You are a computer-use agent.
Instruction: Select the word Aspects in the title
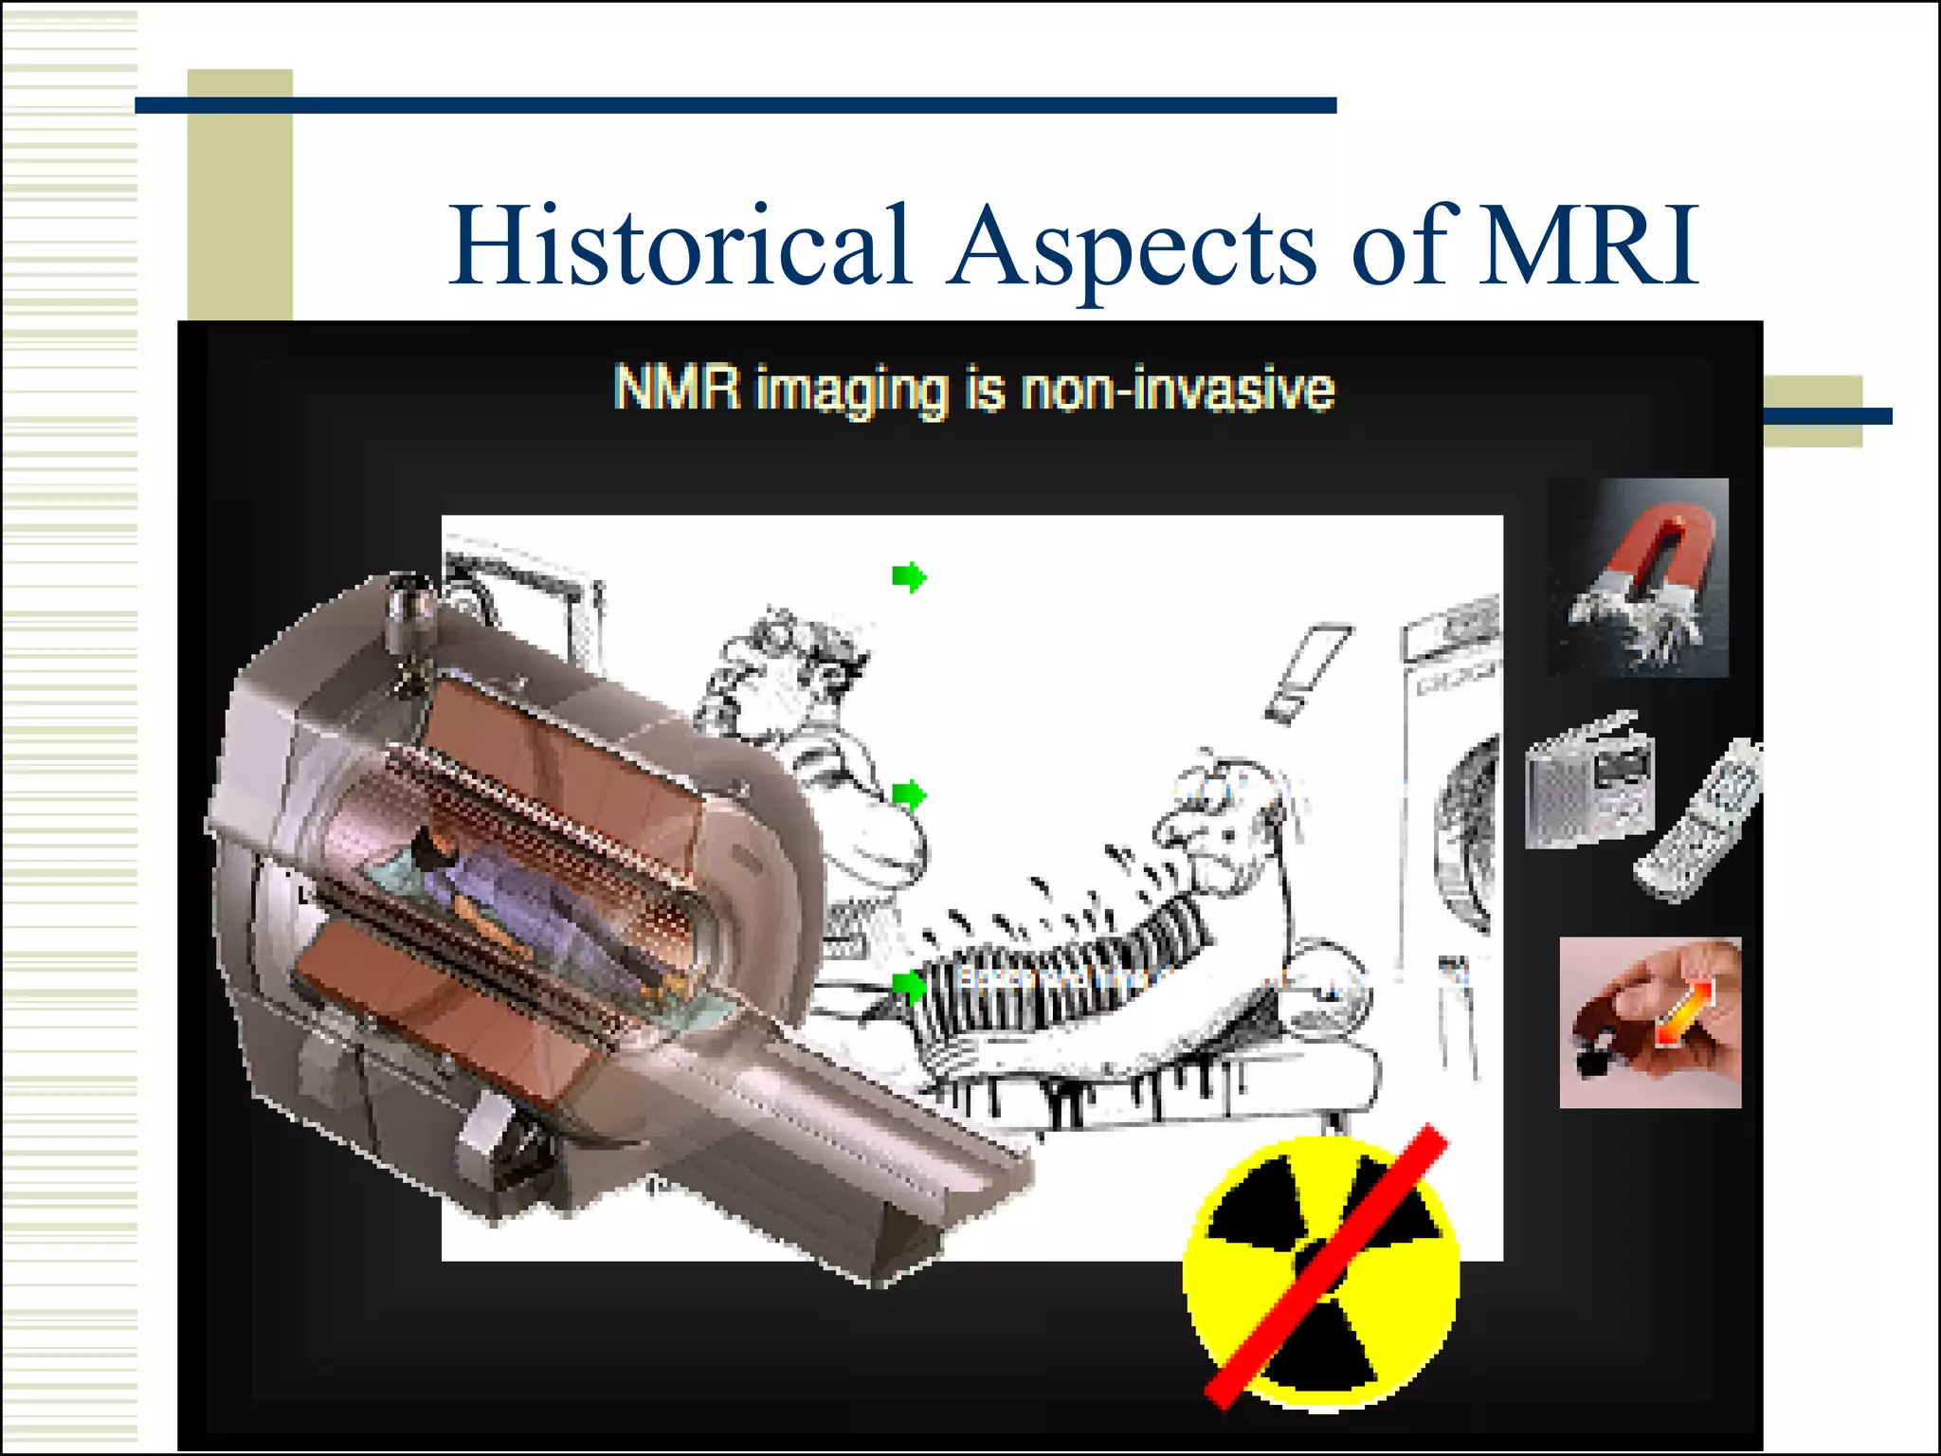[x=1133, y=248]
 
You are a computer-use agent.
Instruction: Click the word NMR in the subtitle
[x=676, y=389]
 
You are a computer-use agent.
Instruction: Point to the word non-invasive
[x=1176, y=391]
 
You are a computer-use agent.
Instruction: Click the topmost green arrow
[x=908, y=576]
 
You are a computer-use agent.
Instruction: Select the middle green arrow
[x=908, y=794]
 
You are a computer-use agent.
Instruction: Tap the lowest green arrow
[x=908, y=986]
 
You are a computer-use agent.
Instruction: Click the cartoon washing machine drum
[x=1467, y=834]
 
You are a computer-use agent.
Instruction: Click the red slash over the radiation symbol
[x=1327, y=1265]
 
